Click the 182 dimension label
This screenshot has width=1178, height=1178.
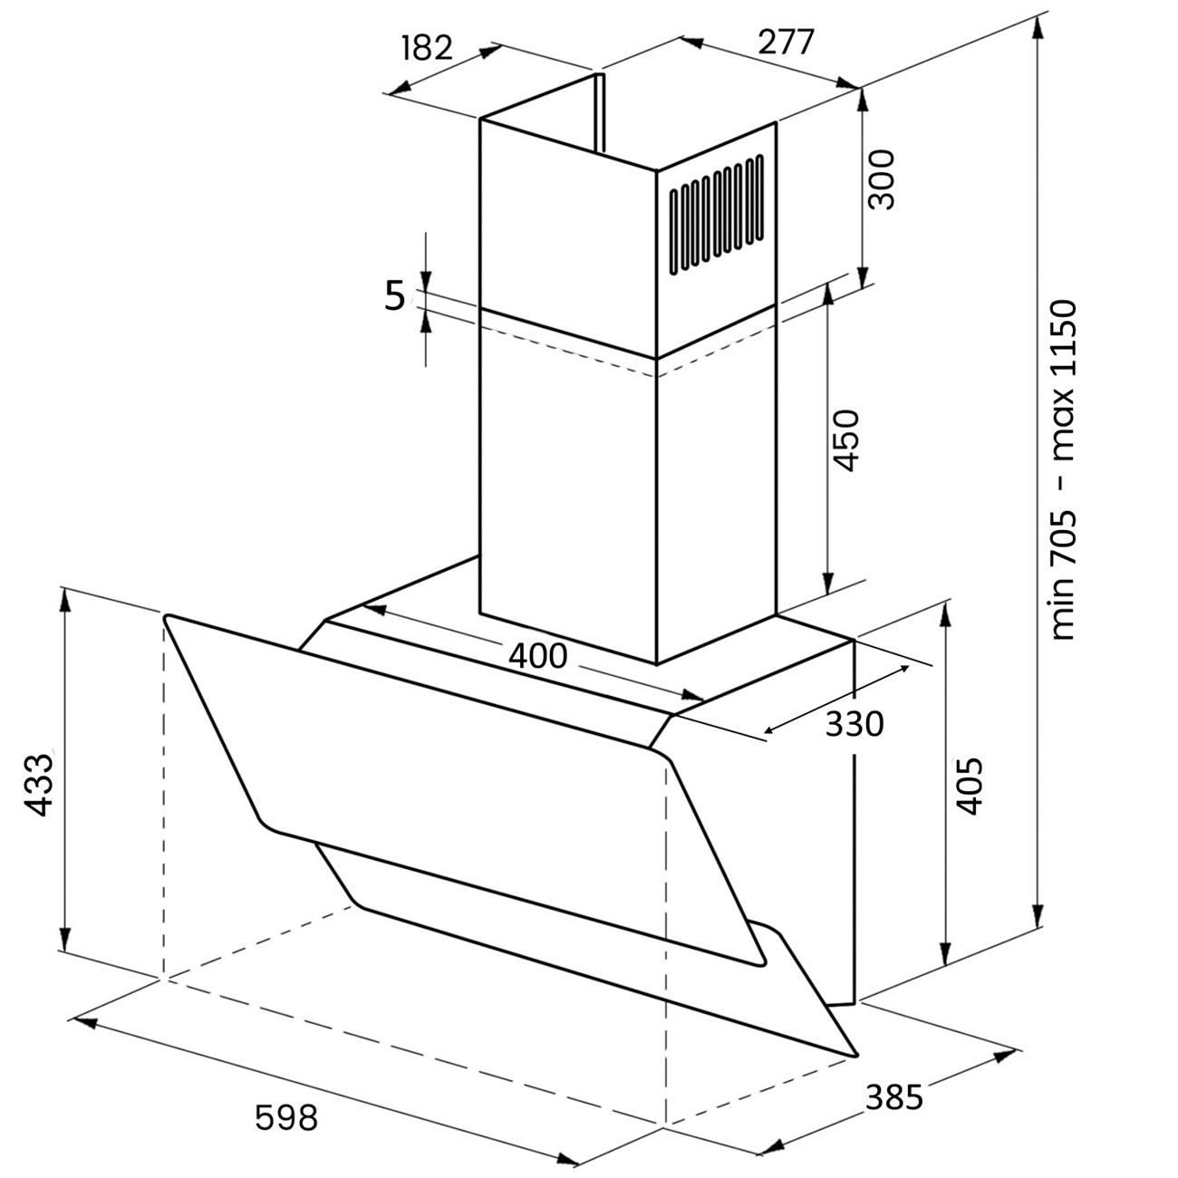(x=428, y=48)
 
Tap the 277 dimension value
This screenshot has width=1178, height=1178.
(x=786, y=43)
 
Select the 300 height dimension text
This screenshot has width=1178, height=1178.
(x=881, y=180)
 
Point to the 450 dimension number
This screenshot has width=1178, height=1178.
(x=845, y=440)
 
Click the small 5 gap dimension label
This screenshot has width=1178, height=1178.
(x=395, y=296)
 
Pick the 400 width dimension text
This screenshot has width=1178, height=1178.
(x=538, y=656)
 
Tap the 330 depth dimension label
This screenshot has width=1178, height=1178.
(x=855, y=724)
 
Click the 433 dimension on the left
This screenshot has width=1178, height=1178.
(x=39, y=785)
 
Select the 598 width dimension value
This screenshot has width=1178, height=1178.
(x=286, y=1116)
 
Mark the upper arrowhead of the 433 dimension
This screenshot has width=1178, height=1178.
(x=65, y=602)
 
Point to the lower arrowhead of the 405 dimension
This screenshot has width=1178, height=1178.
(x=945, y=966)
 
